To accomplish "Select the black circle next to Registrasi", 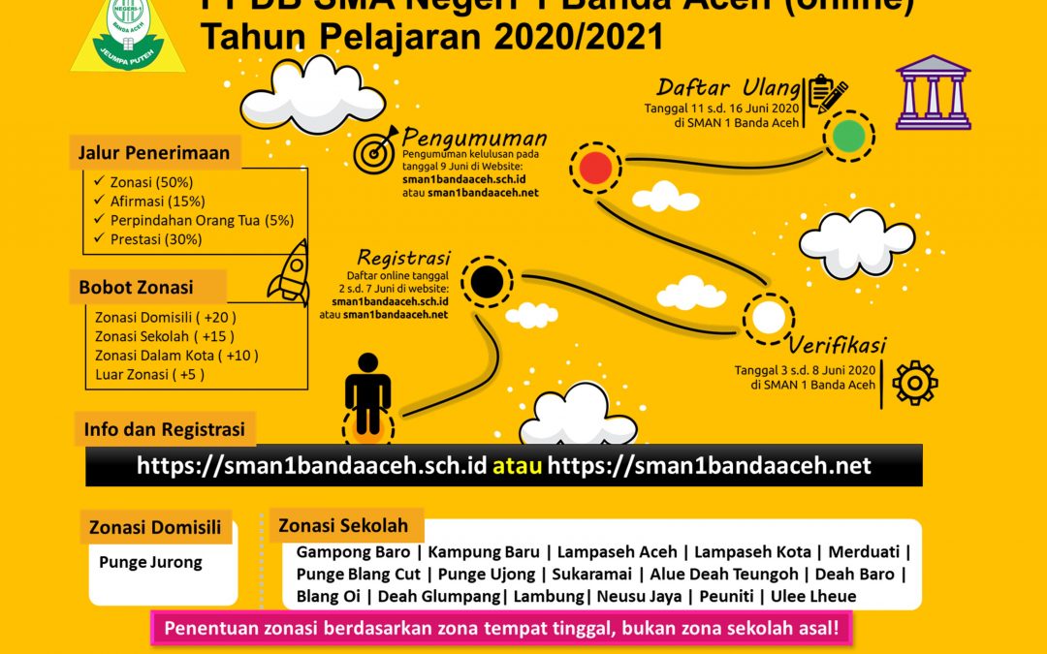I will tap(487, 282).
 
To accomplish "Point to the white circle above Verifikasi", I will tap(769, 317).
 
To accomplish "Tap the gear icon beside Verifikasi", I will tap(914, 382).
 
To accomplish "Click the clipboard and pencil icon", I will tap(826, 94).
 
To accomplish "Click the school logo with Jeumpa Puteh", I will tap(128, 36).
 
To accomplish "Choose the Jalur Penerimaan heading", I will tap(154, 152).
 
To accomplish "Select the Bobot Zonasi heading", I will tap(136, 287).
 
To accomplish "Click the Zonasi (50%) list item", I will tap(144, 181).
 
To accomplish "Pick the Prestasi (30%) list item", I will tap(149, 238).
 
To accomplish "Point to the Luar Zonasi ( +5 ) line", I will tap(149, 374).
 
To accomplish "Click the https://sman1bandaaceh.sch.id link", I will tap(310, 466).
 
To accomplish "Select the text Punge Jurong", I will tap(150, 562).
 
